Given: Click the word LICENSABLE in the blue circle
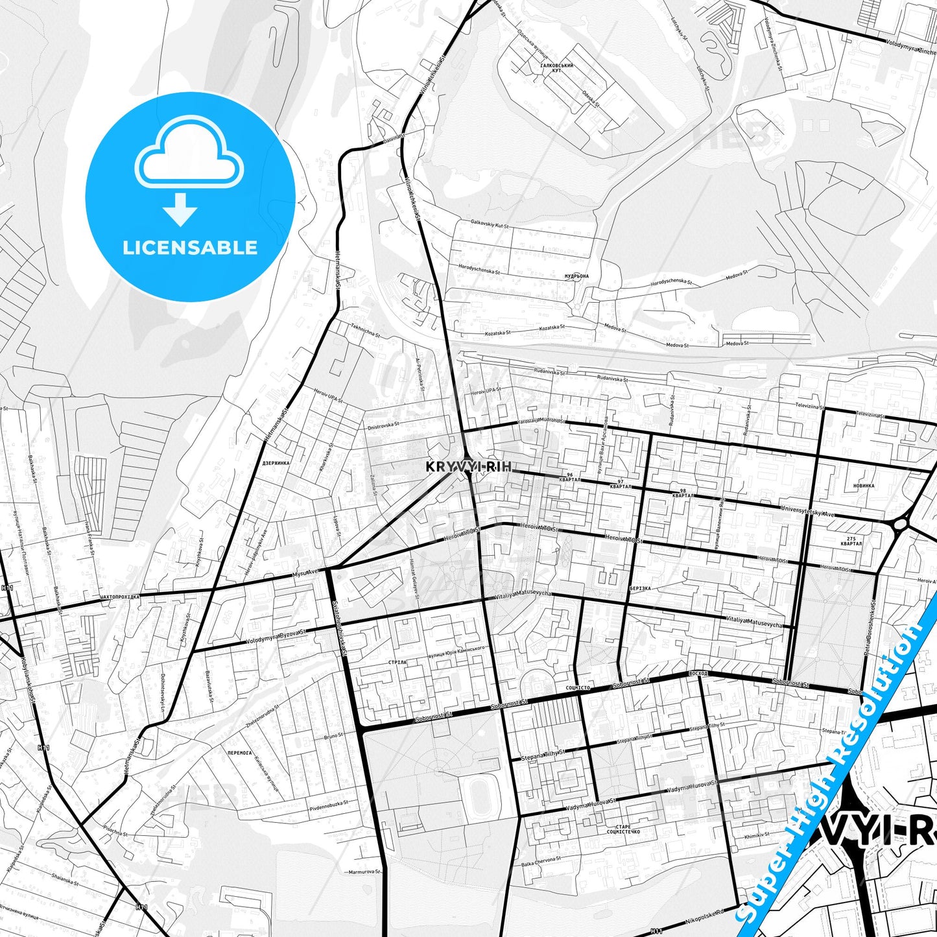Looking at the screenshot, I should tap(190, 248).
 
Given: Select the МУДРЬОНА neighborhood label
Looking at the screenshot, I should tap(576, 276).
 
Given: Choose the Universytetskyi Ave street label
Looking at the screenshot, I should tap(808, 511).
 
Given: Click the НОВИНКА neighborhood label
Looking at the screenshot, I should tap(864, 485).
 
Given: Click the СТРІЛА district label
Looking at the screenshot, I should tap(396, 662).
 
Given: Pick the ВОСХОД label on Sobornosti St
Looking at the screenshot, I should tap(699, 674).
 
